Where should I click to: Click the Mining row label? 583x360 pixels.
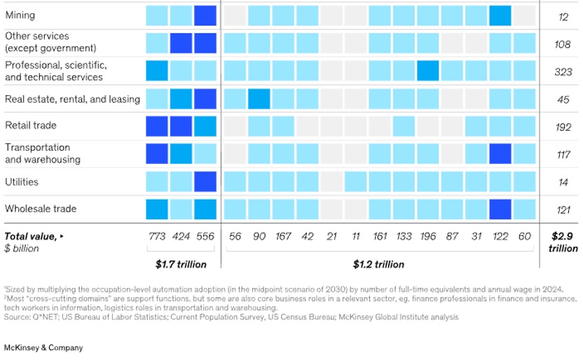point(20,15)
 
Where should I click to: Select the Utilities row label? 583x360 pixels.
point(22,182)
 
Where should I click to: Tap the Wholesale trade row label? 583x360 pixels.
point(41,209)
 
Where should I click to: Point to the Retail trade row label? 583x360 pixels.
point(31,126)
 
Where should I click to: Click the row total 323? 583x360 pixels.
point(563,71)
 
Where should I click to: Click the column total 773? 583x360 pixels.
point(157,237)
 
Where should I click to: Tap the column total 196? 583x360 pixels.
point(427,237)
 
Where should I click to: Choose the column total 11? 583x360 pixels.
point(356,237)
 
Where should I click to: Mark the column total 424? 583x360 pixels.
point(181,237)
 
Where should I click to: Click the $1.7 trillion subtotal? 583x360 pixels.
point(181,264)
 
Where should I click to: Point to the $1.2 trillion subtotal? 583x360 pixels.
point(378,264)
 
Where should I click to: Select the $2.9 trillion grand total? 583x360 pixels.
point(563,242)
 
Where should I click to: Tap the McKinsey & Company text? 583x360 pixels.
point(43,348)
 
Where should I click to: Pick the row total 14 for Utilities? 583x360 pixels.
point(563,182)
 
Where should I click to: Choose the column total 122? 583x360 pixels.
point(500,237)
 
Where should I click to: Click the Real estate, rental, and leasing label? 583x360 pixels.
point(72,99)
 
